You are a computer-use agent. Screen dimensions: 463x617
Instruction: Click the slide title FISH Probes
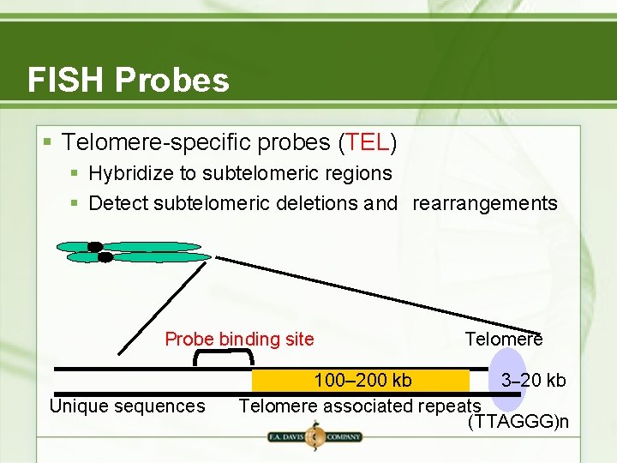129,80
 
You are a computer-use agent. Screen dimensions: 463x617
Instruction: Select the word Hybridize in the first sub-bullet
130,173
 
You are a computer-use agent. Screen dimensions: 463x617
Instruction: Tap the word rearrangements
485,203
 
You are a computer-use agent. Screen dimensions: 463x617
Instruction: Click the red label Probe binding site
239,339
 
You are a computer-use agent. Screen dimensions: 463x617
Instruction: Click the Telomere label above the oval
503,339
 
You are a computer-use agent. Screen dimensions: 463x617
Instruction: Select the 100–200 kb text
362,380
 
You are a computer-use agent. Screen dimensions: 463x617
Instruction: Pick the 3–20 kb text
533,380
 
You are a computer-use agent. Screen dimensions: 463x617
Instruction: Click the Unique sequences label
128,406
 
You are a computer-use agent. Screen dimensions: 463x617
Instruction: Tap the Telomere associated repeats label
359,406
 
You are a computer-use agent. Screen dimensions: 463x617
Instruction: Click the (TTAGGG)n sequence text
518,422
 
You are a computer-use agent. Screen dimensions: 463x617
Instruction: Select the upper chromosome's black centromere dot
94,247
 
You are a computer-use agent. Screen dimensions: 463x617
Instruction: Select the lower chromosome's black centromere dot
105,257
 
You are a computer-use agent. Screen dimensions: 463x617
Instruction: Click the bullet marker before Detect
75,204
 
